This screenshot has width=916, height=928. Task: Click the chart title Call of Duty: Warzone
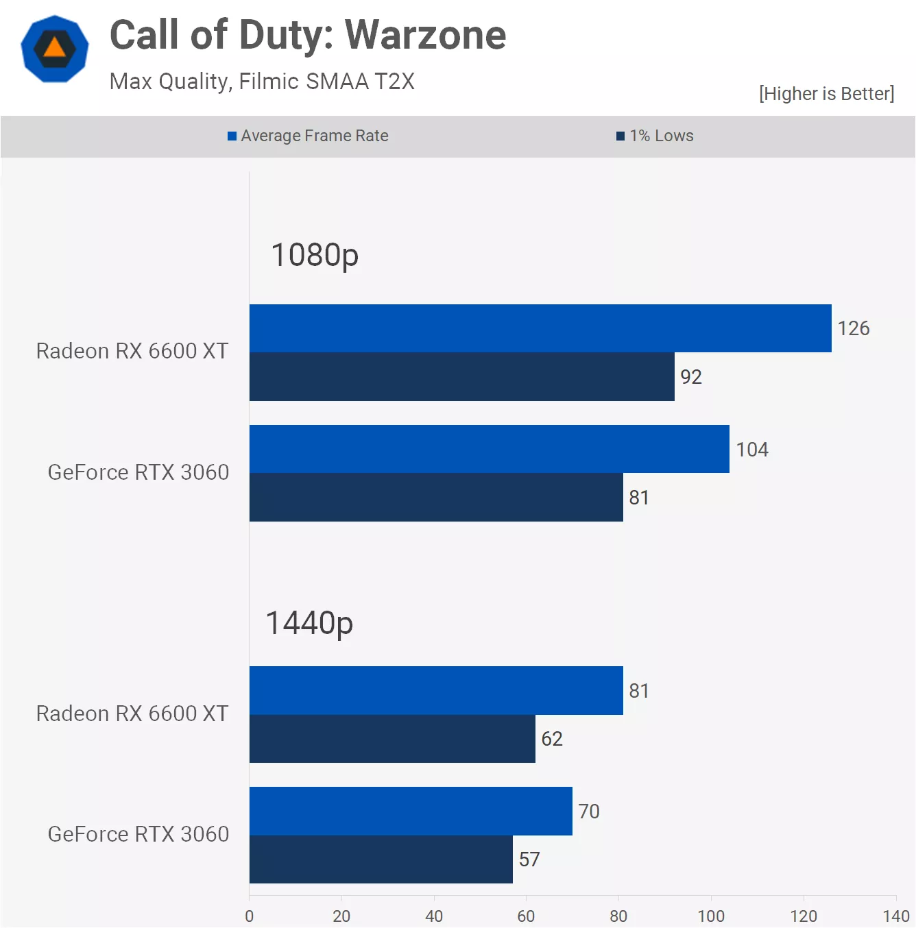click(308, 36)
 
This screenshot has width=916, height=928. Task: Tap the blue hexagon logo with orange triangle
click(55, 49)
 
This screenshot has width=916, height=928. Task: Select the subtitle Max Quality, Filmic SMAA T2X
click(262, 82)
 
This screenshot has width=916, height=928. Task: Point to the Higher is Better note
click(826, 94)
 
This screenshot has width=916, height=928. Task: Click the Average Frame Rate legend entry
click(308, 136)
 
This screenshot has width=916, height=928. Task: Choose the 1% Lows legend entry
click(655, 136)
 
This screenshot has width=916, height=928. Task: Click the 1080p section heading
click(315, 255)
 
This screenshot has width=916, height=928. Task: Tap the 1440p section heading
click(309, 623)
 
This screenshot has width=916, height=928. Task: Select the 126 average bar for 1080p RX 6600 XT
click(540, 328)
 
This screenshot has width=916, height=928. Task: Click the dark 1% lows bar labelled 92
click(461, 377)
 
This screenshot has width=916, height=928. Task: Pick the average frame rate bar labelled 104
click(489, 449)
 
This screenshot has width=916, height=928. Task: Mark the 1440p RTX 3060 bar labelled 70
click(411, 811)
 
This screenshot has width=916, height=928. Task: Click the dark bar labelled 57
click(381, 859)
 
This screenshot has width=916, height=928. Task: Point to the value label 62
click(552, 739)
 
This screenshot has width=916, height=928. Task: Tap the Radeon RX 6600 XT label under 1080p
click(132, 351)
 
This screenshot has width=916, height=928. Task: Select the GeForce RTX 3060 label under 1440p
click(138, 834)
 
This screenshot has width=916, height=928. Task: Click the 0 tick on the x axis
click(250, 916)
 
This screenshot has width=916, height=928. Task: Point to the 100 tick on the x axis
click(711, 916)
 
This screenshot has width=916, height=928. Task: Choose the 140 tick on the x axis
click(895, 916)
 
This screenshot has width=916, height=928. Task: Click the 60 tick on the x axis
click(526, 916)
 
